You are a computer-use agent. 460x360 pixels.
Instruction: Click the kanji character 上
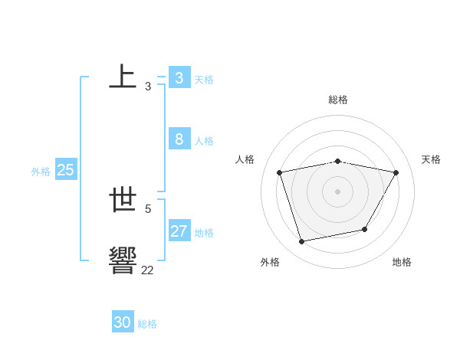(x=123, y=77)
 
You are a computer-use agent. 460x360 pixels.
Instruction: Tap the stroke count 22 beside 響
(x=147, y=270)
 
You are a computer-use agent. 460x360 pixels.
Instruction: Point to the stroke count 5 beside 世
(x=148, y=208)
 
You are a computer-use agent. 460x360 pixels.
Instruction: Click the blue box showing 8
(x=179, y=139)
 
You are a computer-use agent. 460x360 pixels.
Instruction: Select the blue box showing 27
(x=179, y=231)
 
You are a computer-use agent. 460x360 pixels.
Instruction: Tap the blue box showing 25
(x=66, y=170)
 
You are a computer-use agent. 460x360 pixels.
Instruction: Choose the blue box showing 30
(x=123, y=322)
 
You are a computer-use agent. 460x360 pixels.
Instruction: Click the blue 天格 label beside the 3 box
(x=204, y=80)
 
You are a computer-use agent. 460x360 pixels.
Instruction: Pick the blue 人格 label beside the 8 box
(x=204, y=141)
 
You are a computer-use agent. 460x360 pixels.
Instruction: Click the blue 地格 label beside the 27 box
(x=204, y=233)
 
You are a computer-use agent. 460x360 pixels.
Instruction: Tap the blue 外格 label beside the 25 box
(x=41, y=172)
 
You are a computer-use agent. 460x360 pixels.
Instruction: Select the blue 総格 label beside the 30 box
(x=147, y=324)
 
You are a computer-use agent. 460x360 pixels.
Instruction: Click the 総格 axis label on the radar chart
(x=338, y=100)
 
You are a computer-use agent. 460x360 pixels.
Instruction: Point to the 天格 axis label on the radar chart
(x=432, y=159)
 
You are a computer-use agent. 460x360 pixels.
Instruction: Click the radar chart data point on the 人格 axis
(x=280, y=172)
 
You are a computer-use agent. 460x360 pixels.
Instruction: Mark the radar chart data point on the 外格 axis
(x=302, y=241)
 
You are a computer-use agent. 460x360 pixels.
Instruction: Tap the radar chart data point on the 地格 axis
(x=365, y=229)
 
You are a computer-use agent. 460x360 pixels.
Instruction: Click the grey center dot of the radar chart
(x=338, y=191)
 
